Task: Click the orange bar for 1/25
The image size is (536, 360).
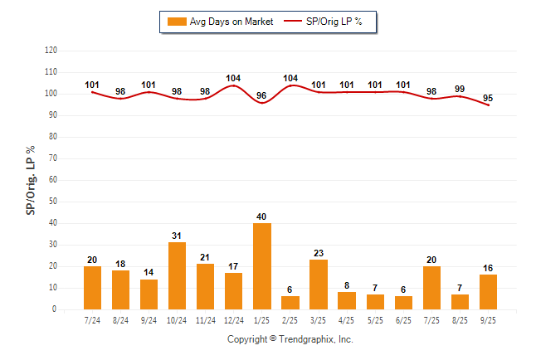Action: (x=262, y=266)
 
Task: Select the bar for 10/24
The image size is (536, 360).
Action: (x=177, y=276)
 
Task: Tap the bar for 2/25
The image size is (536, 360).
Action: (x=290, y=303)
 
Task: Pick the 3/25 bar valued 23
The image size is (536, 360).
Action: (x=319, y=285)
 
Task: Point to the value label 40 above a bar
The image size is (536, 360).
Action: (x=262, y=216)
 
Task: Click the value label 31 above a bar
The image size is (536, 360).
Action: (x=177, y=236)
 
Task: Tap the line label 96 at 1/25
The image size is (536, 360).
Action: (x=262, y=95)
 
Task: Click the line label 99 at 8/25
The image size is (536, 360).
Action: (x=460, y=89)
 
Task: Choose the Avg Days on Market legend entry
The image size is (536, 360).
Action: (x=217, y=22)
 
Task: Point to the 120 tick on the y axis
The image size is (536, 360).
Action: (x=51, y=51)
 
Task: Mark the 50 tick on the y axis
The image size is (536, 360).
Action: (x=53, y=202)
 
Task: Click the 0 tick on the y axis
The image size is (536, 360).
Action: (x=55, y=309)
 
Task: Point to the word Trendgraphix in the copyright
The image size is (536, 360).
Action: (x=308, y=339)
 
